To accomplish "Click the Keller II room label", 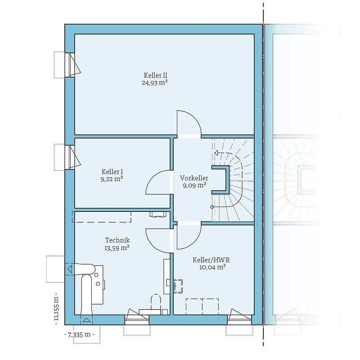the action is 155,75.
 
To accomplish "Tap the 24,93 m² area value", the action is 154,83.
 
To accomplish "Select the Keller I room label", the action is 112,172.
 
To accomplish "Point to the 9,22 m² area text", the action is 112,179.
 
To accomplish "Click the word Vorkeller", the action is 194,178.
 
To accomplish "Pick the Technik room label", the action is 117,240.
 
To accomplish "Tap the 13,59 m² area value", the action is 117,248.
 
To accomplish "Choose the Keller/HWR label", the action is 211,260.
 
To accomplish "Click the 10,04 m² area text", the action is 212,267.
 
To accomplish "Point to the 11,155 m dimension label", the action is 56,309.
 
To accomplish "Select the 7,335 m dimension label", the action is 79,334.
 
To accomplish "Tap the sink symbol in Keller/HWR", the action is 178,286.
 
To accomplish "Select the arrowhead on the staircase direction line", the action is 216,153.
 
